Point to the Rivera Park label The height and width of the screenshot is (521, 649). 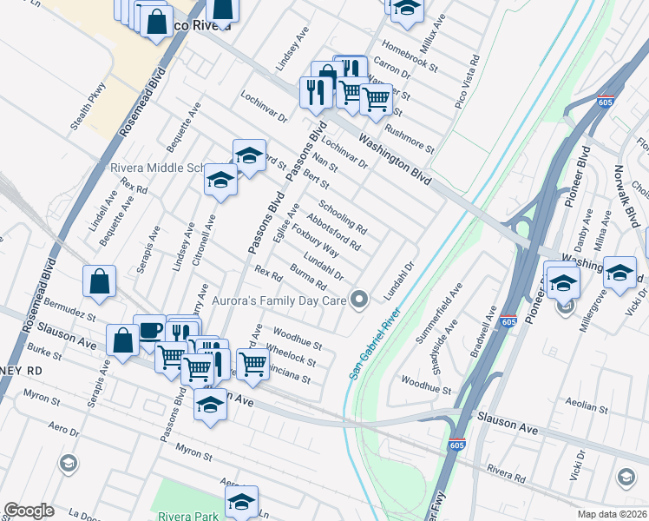pyautogui.click(x=194, y=516)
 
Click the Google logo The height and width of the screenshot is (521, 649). pyautogui.click(x=29, y=511)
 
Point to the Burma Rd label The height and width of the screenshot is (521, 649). pyautogui.click(x=309, y=277)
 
